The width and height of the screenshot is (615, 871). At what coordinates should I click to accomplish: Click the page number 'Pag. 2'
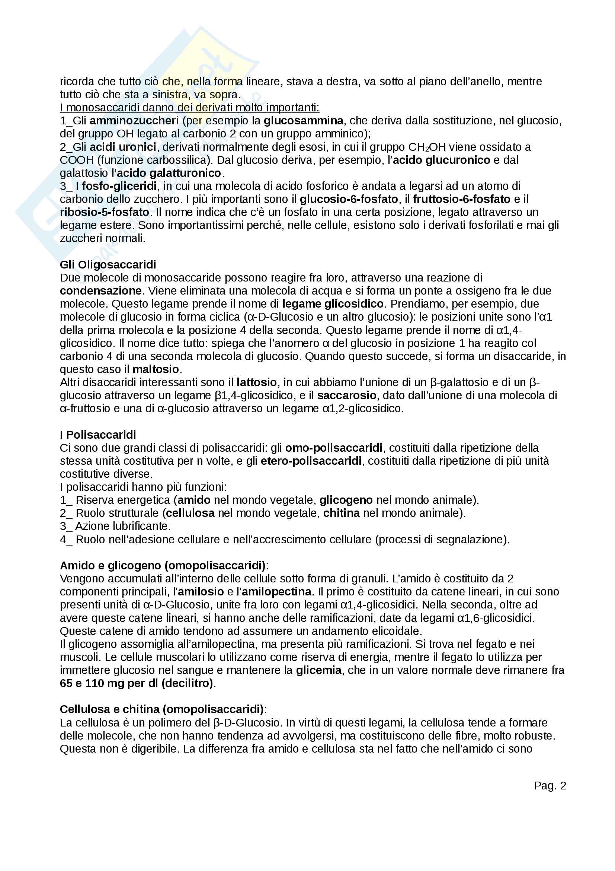[550, 786]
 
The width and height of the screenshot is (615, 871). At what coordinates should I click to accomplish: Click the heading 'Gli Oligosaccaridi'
[108, 264]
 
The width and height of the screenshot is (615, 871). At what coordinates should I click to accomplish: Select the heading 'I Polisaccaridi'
[98, 435]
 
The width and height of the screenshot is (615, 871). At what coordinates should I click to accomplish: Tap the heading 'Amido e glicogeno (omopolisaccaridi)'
[163, 566]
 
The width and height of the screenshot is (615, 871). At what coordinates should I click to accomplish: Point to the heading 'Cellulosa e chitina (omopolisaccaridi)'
[161, 709]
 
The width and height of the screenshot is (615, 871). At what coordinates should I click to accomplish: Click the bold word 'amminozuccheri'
[134, 121]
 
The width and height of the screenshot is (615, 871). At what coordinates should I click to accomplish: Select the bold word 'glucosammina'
[304, 121]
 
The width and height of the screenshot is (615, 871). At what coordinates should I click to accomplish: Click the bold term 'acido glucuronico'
[442, 160]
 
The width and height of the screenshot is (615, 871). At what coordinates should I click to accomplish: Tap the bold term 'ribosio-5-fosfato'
[105, 212]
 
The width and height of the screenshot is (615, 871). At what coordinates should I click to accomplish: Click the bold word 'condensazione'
[101, 290]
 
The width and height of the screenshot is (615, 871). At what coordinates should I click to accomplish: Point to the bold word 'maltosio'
[156, 369]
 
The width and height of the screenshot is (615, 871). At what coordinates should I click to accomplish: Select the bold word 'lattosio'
[257, 382]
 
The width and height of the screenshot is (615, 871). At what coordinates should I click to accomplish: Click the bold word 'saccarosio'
[347, 395]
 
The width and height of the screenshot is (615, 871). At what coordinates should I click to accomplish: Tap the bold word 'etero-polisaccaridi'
[311, 461]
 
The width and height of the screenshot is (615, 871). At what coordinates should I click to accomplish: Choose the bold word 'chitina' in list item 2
[342, 513]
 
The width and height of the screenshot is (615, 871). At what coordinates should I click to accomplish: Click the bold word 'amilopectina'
[276, 592]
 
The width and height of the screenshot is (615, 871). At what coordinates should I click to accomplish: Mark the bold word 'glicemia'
[319, 670]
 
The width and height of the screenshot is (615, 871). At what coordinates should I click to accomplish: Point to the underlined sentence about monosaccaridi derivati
[189, 108]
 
